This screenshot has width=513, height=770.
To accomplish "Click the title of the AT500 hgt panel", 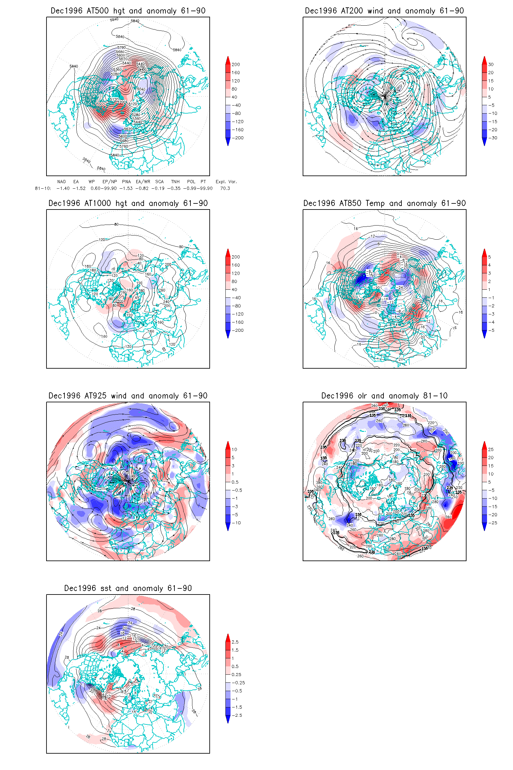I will click(x=128, y=11).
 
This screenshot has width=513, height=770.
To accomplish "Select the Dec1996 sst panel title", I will click(x=128, y=588).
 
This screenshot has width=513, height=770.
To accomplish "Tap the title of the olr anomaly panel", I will click(x=384, y=396).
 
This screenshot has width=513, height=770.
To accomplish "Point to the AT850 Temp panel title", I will click(x=384, y=203).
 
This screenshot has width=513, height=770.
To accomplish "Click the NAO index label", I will click(x=61, y=182).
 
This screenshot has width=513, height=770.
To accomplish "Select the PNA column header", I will click(x=126, y=182).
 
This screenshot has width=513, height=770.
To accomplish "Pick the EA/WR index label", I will click(x=143, y=182).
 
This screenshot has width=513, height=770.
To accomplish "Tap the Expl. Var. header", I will click(x=226, y=182).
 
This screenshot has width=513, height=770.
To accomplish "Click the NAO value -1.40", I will click(x=63, y=189).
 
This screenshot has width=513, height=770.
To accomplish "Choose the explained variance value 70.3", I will click(x=225, y=189).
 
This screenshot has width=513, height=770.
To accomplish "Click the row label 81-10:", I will click(x=43, y=189).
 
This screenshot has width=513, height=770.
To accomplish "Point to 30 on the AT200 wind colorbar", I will click(x=491, y=64).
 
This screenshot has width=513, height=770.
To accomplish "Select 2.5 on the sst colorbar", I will click(x=235, y=642).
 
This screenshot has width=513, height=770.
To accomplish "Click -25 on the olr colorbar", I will click(x=493, y=523).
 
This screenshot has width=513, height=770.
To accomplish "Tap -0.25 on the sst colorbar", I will click(x=238, y=683).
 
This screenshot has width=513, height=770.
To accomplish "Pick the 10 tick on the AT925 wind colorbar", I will click(x=234, y=449).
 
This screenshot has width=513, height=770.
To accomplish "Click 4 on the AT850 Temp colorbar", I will click(x=490, y=265).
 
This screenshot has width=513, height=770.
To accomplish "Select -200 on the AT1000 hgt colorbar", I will click(x=238, y=330).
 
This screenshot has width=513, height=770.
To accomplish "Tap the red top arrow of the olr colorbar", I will click(x=484, y=445).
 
